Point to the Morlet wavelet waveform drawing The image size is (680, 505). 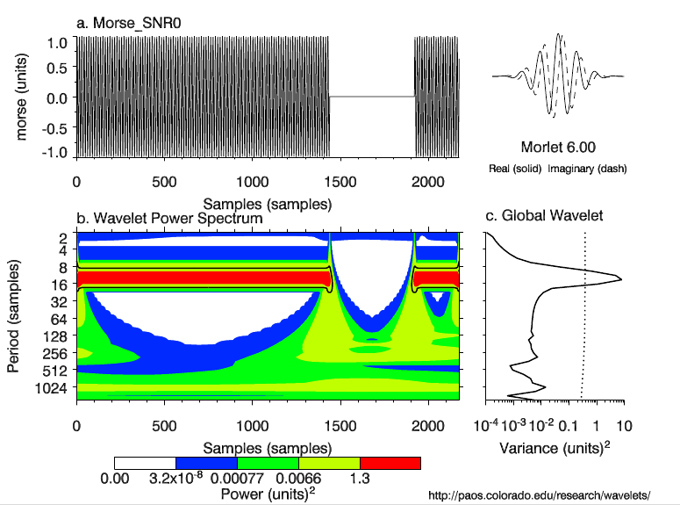pyautogui.click(x=558, y=76)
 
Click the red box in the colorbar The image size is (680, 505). pyautogui.click(x=390, y=463)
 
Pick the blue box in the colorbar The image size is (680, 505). pyautogui.click(x=206, y=463)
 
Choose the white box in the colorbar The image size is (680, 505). pyautogui.click(x=145, y=463)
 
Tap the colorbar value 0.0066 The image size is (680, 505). pyautogui.click(x=294, y=479)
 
